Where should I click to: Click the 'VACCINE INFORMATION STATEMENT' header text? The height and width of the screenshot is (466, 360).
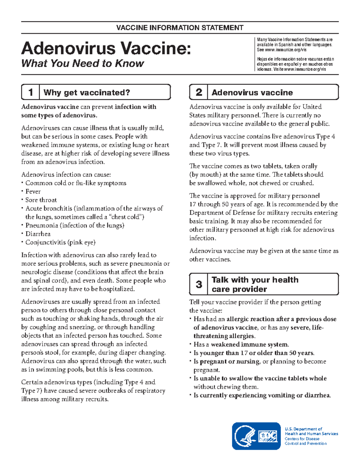tap(180, 28)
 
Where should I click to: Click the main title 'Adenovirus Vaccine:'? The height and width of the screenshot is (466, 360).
tap(106, 48)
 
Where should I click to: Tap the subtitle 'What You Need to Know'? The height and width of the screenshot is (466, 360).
tap(82, 63)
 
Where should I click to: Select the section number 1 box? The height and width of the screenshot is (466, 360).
tap(30, 92)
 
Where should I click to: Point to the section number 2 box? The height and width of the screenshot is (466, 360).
tap(199, 92)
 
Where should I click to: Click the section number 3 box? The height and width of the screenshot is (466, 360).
tap(199, 284)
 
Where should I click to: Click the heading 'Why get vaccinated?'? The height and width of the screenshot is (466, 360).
tap(87, 92)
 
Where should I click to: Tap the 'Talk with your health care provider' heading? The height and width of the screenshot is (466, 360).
tap(255, 284)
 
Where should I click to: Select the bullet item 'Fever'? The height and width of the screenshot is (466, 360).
tap(33, 191)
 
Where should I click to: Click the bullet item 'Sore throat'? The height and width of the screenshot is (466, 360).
tap(41, 200)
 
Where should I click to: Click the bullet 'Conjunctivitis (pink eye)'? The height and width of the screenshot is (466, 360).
tap(60, 242)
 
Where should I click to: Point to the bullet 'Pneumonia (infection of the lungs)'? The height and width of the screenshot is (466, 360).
tap(75, 225)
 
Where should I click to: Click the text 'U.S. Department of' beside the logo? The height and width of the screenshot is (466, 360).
tap(303, 429)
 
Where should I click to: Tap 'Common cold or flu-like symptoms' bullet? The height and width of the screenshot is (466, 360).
tap(76, 183)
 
